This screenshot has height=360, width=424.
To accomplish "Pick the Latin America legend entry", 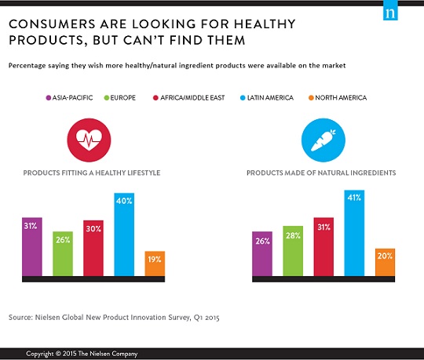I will (291, 98).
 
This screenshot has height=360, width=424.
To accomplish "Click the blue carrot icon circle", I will (323, 139).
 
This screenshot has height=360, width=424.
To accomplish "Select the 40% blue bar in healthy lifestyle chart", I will (124, 235).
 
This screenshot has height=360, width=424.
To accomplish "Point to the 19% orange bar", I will (155, 264).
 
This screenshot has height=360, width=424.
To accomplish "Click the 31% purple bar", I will (32, 247).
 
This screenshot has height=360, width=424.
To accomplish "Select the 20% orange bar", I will (385, 263).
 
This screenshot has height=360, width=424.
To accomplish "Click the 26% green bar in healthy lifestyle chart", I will (63, 254).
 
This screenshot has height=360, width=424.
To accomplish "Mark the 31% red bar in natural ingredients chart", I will (323, 247).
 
